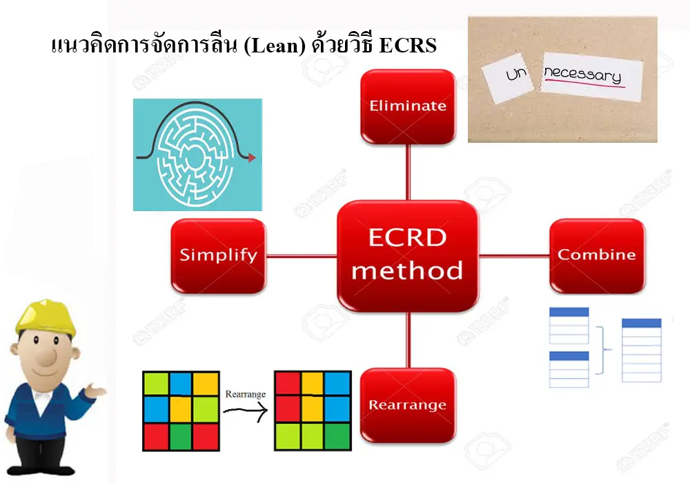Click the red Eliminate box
408,106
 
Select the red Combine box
597,255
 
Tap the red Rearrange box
408,404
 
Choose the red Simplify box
218,255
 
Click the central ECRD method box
407,255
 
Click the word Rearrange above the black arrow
244,395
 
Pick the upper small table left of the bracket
569,325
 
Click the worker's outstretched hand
97,393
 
